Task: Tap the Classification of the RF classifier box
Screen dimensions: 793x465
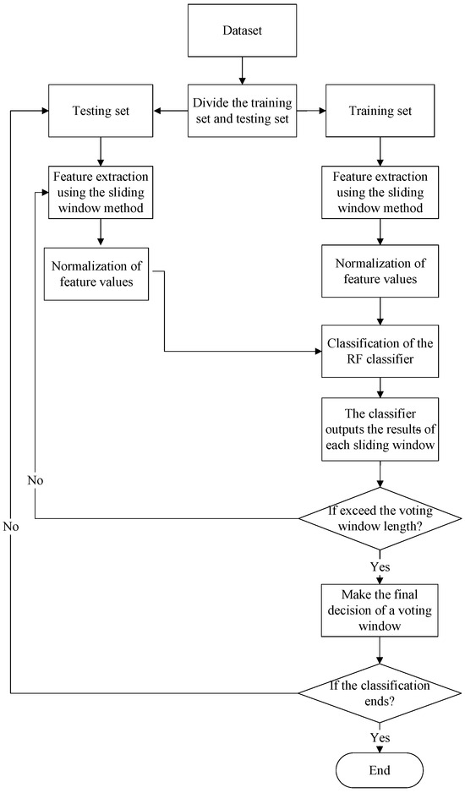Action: tap(381, 350)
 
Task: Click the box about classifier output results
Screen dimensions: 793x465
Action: tap(381, 429)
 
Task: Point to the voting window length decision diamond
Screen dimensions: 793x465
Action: tap(381, 518)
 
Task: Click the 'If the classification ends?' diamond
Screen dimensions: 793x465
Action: tap(381, 693)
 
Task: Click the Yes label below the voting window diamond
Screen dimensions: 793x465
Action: tap(382, 565)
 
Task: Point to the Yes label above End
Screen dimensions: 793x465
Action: tap(382, 736)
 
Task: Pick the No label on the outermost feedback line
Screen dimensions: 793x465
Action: tap(10, 526)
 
